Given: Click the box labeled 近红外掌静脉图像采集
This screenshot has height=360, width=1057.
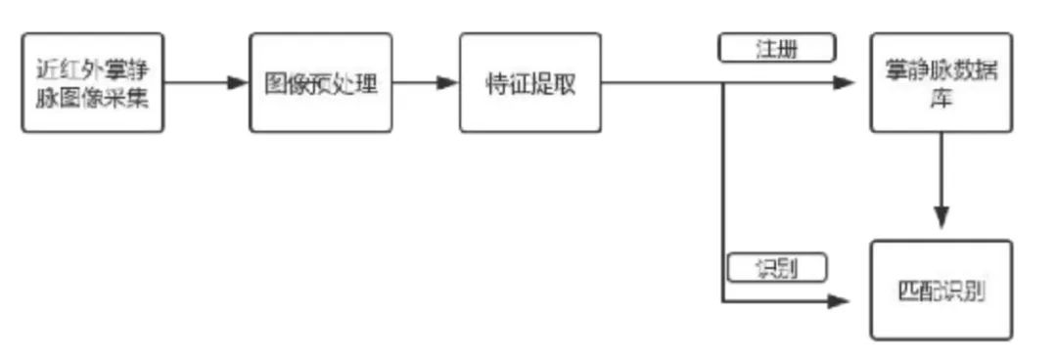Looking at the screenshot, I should [92, 82].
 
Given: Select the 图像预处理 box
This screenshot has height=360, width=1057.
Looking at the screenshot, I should [321, 82].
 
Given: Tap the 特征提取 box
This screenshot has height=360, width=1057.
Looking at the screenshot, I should [530, 82].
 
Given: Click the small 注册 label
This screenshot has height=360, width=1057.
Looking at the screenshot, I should [777, 48].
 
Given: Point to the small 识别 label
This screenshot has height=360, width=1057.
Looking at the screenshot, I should [777, 267].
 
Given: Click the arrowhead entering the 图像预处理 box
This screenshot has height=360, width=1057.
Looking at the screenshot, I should [239, 83].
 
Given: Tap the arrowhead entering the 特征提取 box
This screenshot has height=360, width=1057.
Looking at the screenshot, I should [448, 83].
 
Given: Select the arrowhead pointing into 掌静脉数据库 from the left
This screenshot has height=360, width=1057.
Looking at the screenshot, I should [845, 83].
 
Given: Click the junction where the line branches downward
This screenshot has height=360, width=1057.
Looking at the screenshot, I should [722, 83].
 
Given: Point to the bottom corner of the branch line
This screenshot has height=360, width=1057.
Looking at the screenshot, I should [722, 301].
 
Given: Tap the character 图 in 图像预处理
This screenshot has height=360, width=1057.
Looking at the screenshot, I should [277, 83].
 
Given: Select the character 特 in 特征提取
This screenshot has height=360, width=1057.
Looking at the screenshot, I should [497, 83].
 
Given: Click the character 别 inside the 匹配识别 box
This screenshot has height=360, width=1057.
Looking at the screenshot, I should [973, 292].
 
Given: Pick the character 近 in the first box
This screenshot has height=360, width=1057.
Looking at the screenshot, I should [46, 69].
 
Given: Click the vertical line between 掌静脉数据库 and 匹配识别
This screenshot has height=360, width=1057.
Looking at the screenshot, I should [942, 176].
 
